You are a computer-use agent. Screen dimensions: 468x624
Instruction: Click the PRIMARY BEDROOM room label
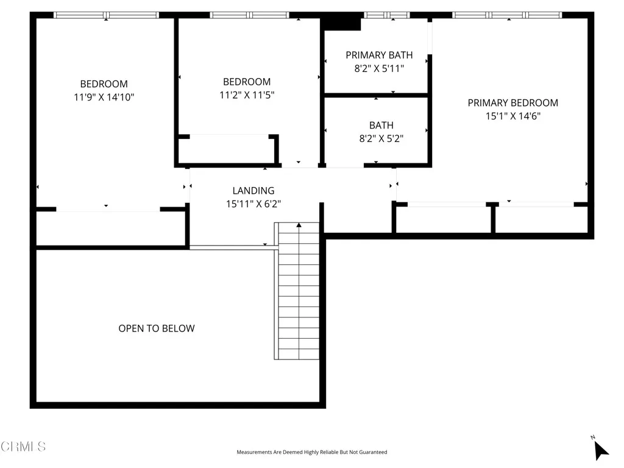coord(512,103)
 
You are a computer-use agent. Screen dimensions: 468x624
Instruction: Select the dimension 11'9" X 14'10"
coord(104,97)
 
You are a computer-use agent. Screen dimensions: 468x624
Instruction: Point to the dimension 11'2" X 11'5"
coord(247,95)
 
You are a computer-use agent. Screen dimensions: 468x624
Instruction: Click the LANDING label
coord(253,191)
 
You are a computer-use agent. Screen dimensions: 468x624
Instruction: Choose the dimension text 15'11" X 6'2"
coord(253,204)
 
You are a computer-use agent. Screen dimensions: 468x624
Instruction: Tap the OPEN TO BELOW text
coord(157,328)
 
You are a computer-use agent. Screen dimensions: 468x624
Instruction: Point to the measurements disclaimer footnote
coord(311,452)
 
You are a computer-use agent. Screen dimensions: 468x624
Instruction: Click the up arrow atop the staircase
coord(299,226)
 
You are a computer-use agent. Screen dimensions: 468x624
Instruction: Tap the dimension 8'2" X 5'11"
coord(379,69)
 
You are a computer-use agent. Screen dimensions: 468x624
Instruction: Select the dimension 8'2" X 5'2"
coord(381,138)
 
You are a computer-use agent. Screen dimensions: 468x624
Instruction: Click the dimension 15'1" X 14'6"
coord(512,116)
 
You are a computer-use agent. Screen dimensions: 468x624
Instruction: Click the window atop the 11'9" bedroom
coord(106,15)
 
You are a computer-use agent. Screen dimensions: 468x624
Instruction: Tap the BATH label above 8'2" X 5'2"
coord(381,126)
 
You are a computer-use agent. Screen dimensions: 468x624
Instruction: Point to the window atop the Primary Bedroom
coord(509,15)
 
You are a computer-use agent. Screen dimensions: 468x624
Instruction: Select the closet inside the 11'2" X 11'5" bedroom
coord(228,150)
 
